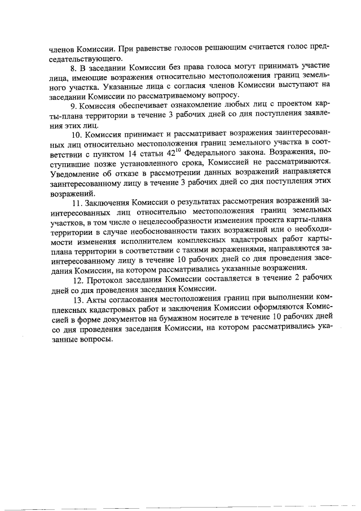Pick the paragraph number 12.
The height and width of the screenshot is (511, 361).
click(78, 278)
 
